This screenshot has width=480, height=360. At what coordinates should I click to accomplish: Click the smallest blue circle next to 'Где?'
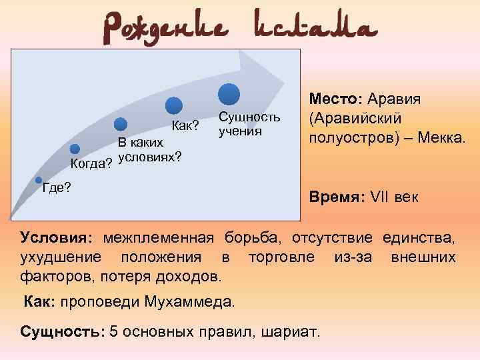coord(39,180)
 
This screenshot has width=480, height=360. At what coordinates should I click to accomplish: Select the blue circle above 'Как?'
coord(174,105)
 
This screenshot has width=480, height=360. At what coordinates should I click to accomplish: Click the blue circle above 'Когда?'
coord(75,149)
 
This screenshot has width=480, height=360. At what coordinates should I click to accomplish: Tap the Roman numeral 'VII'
coord(383,198)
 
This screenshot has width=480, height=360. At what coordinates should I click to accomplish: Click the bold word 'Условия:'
coord(58,238)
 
